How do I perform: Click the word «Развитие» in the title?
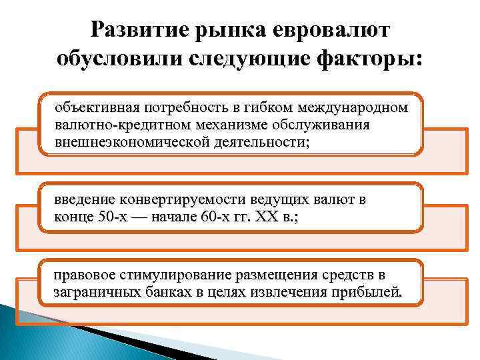click(134, 29)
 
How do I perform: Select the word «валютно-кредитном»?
click(109, 125)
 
